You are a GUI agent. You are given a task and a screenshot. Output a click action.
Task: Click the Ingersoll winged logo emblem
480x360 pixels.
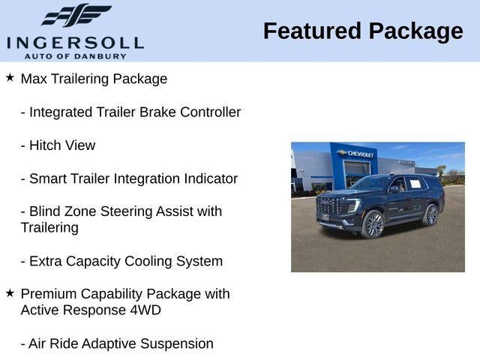75,16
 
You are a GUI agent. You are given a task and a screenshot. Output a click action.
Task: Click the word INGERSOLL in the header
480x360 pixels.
75,41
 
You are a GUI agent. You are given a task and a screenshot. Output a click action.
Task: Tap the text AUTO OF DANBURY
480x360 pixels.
75,55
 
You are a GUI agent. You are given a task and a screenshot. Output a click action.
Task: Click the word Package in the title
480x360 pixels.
415,31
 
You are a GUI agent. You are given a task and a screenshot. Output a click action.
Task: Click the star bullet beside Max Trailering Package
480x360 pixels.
10,78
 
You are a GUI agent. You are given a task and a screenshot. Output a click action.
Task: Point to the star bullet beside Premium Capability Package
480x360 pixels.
10,293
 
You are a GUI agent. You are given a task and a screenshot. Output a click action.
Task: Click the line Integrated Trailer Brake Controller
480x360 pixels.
130,112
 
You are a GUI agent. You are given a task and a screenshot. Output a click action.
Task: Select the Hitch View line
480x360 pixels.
58,145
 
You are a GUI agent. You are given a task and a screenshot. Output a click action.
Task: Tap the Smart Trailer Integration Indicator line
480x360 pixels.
129,178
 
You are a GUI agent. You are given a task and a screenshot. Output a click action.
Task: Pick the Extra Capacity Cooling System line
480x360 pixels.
121,261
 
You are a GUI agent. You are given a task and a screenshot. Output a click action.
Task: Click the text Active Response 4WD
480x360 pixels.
91,310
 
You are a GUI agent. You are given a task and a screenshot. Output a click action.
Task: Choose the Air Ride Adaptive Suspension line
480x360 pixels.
117,343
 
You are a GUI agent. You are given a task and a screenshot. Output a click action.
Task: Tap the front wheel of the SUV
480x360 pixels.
373,223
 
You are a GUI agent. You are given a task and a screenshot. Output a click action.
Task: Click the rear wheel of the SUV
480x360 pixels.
431,215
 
